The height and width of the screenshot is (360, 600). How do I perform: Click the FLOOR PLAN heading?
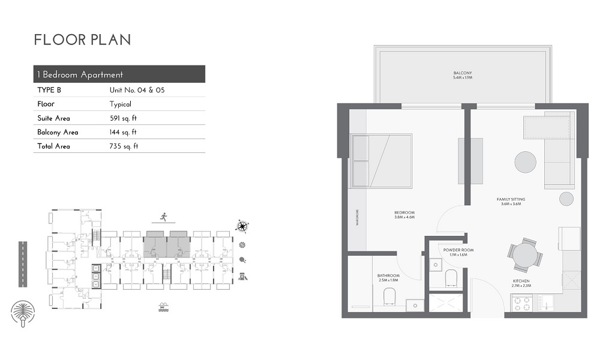(x=82, y=40)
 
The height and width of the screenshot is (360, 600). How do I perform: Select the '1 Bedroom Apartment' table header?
(x=80, y=74)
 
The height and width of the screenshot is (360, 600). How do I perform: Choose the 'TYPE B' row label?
(x=50, y=90)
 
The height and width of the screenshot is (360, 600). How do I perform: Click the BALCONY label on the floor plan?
(x=463, y=75)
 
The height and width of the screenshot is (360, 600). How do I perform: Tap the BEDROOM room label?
(x=405, y=215)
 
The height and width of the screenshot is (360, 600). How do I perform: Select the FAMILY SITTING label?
(x=511, y=202)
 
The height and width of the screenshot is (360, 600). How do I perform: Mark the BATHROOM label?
(x=388, y=278)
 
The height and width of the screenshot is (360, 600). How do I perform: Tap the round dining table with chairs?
(x=526, y=256)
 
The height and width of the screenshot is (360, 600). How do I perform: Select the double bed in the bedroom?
(x=382, y=160)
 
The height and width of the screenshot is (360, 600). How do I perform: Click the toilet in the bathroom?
(x=389, y=296)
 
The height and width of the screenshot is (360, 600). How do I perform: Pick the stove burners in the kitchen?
(x=519, y=304)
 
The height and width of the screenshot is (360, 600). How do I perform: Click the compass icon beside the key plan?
(x=242, y=226)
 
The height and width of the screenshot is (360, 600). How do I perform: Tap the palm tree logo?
(x=23, y=313)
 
